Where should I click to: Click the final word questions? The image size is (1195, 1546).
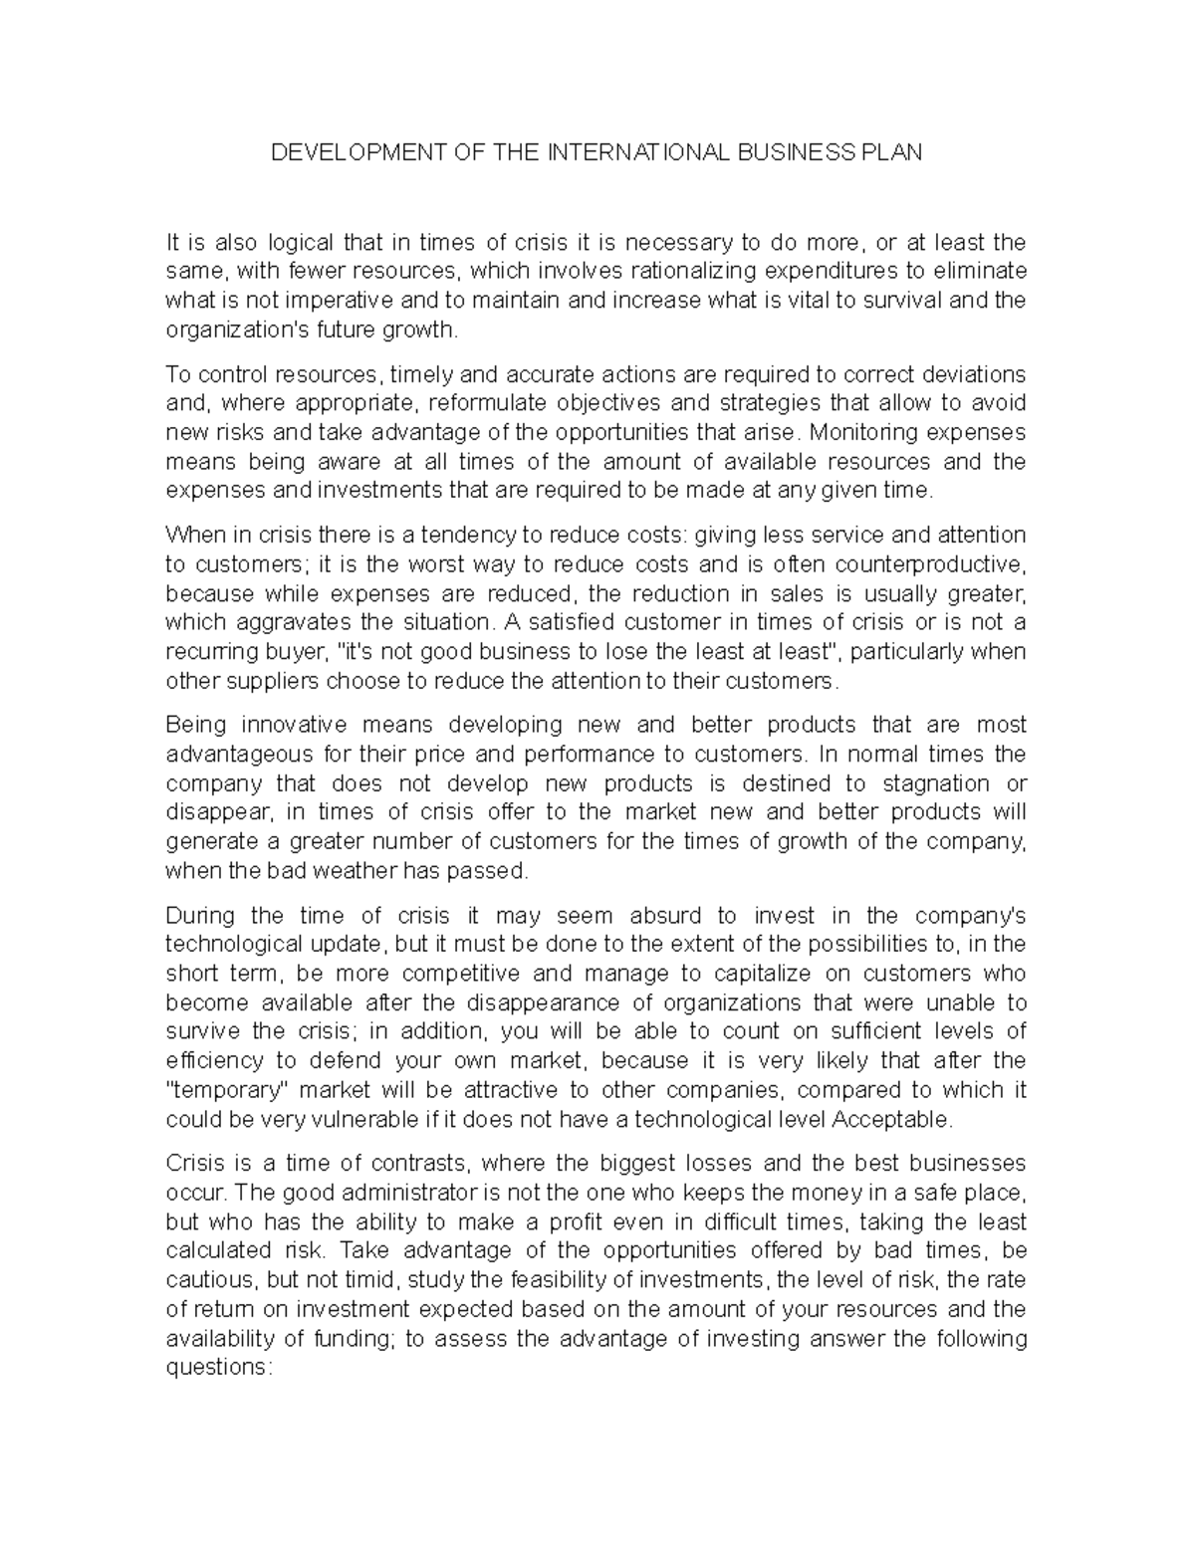point(218,1368)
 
